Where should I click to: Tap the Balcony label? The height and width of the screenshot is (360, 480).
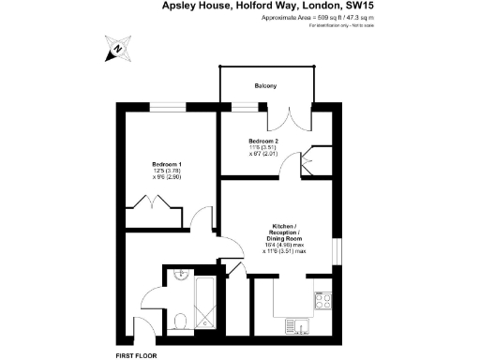(x=265, y=86)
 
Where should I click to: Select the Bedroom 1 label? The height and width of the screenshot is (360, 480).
(x=167, y=164)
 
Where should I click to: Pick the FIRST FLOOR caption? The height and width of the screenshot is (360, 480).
(x=135, y=356)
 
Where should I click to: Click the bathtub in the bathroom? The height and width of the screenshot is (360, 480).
(x=204, y=302)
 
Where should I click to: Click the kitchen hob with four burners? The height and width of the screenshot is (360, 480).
(x=324, y=302)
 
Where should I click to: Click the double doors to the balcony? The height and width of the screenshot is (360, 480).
(x=286, y=118)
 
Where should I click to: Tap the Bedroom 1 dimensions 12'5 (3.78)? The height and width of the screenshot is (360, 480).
(x=167, y=171)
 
